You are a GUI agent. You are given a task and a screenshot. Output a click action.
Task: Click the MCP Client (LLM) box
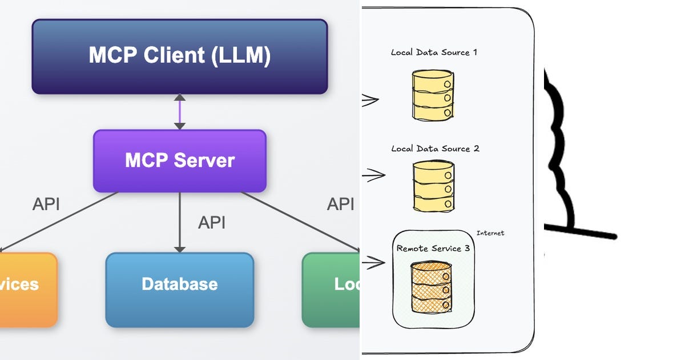pyautogui.click(x=179, y=56)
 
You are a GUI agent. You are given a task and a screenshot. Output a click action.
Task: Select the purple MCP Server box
pyautogui.click(x=179, y=161)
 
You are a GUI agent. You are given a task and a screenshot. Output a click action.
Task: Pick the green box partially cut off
pyautogui.click(x=331, y=290)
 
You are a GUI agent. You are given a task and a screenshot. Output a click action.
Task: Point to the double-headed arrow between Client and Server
pyautogui.click(x=180, y=111)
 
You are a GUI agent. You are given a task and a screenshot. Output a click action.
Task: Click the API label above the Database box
pyautogui.click(x=211, y=223)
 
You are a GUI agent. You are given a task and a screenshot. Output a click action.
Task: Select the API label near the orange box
pyautogui.click(x=46, y=204)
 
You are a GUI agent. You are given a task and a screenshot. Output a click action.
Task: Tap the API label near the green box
pyautogui.click(x=340, y=204)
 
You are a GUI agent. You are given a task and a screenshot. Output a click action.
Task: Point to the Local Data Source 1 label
pyautogui.click(x=434, y=53)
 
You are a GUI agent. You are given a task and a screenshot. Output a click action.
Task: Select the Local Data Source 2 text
pyautogui.click(x=435, y=149)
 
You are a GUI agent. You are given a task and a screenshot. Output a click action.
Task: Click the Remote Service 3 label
pyautogui.click(x=433, y=249)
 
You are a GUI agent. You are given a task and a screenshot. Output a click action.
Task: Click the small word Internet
pyautogui.click(x=490, y=233)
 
